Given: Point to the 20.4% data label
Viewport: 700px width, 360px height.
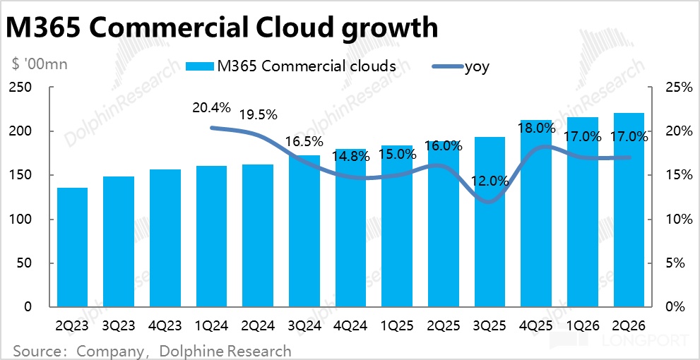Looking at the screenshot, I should pyautogui.click(x=211, y=108).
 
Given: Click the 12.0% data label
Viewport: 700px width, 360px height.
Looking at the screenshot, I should pyautogui.click(x=490, y=181).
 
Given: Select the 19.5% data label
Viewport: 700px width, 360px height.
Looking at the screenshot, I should pyautogui.click(x=258, y=114).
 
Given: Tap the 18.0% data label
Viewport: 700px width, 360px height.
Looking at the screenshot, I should pyautogui.click(x=536, y=128).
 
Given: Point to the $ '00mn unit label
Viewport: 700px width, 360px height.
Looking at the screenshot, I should pyautogui.click(x=40, y=64).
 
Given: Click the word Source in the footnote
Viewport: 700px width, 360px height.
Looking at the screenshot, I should pyautogui.click(x=36, y=350).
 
